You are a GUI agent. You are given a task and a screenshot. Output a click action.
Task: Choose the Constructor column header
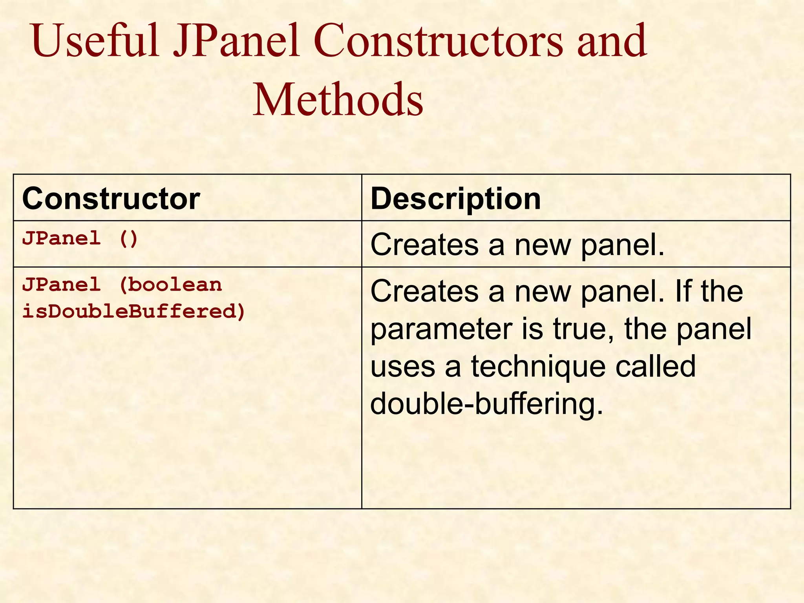click(x=111, y=199)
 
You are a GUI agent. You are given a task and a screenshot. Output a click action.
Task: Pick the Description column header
click(x=455, y=199)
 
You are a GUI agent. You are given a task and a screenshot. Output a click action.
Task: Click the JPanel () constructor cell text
click(x=80, y=239)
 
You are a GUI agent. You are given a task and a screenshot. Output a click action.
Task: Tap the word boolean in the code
click(x=175, y=285)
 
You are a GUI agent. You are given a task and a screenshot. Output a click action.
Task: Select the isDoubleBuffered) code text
click(x=134, y=311)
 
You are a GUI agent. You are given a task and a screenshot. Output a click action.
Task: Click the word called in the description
click(x=655, y=366)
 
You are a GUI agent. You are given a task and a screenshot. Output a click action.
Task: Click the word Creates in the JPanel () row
click(x=424, y=245)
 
